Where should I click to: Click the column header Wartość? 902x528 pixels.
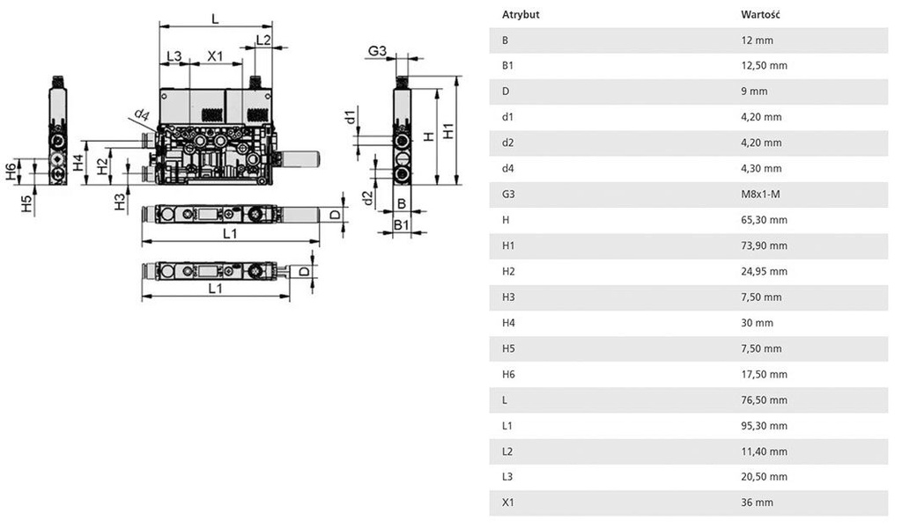(761, 15)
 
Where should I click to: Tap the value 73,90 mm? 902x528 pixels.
(765, 246)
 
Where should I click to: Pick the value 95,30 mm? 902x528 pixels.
(765, 426)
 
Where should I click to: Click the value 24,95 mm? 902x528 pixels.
(765, 271)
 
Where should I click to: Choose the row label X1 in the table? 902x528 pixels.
(507, 502)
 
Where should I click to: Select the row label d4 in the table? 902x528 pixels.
(507, 168)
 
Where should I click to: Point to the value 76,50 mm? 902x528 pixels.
(765, 400)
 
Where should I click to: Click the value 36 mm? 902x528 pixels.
(758, 502)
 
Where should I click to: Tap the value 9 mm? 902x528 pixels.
(755, 92)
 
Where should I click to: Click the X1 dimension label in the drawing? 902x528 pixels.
(216, 56)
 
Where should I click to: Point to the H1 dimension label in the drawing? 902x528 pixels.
(448, 131)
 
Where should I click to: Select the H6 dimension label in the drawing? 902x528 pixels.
(11, 171)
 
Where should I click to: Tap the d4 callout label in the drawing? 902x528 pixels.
(142, 114)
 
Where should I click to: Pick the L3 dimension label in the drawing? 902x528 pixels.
(174, 56)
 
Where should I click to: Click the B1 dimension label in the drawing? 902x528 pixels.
(401, 226)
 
